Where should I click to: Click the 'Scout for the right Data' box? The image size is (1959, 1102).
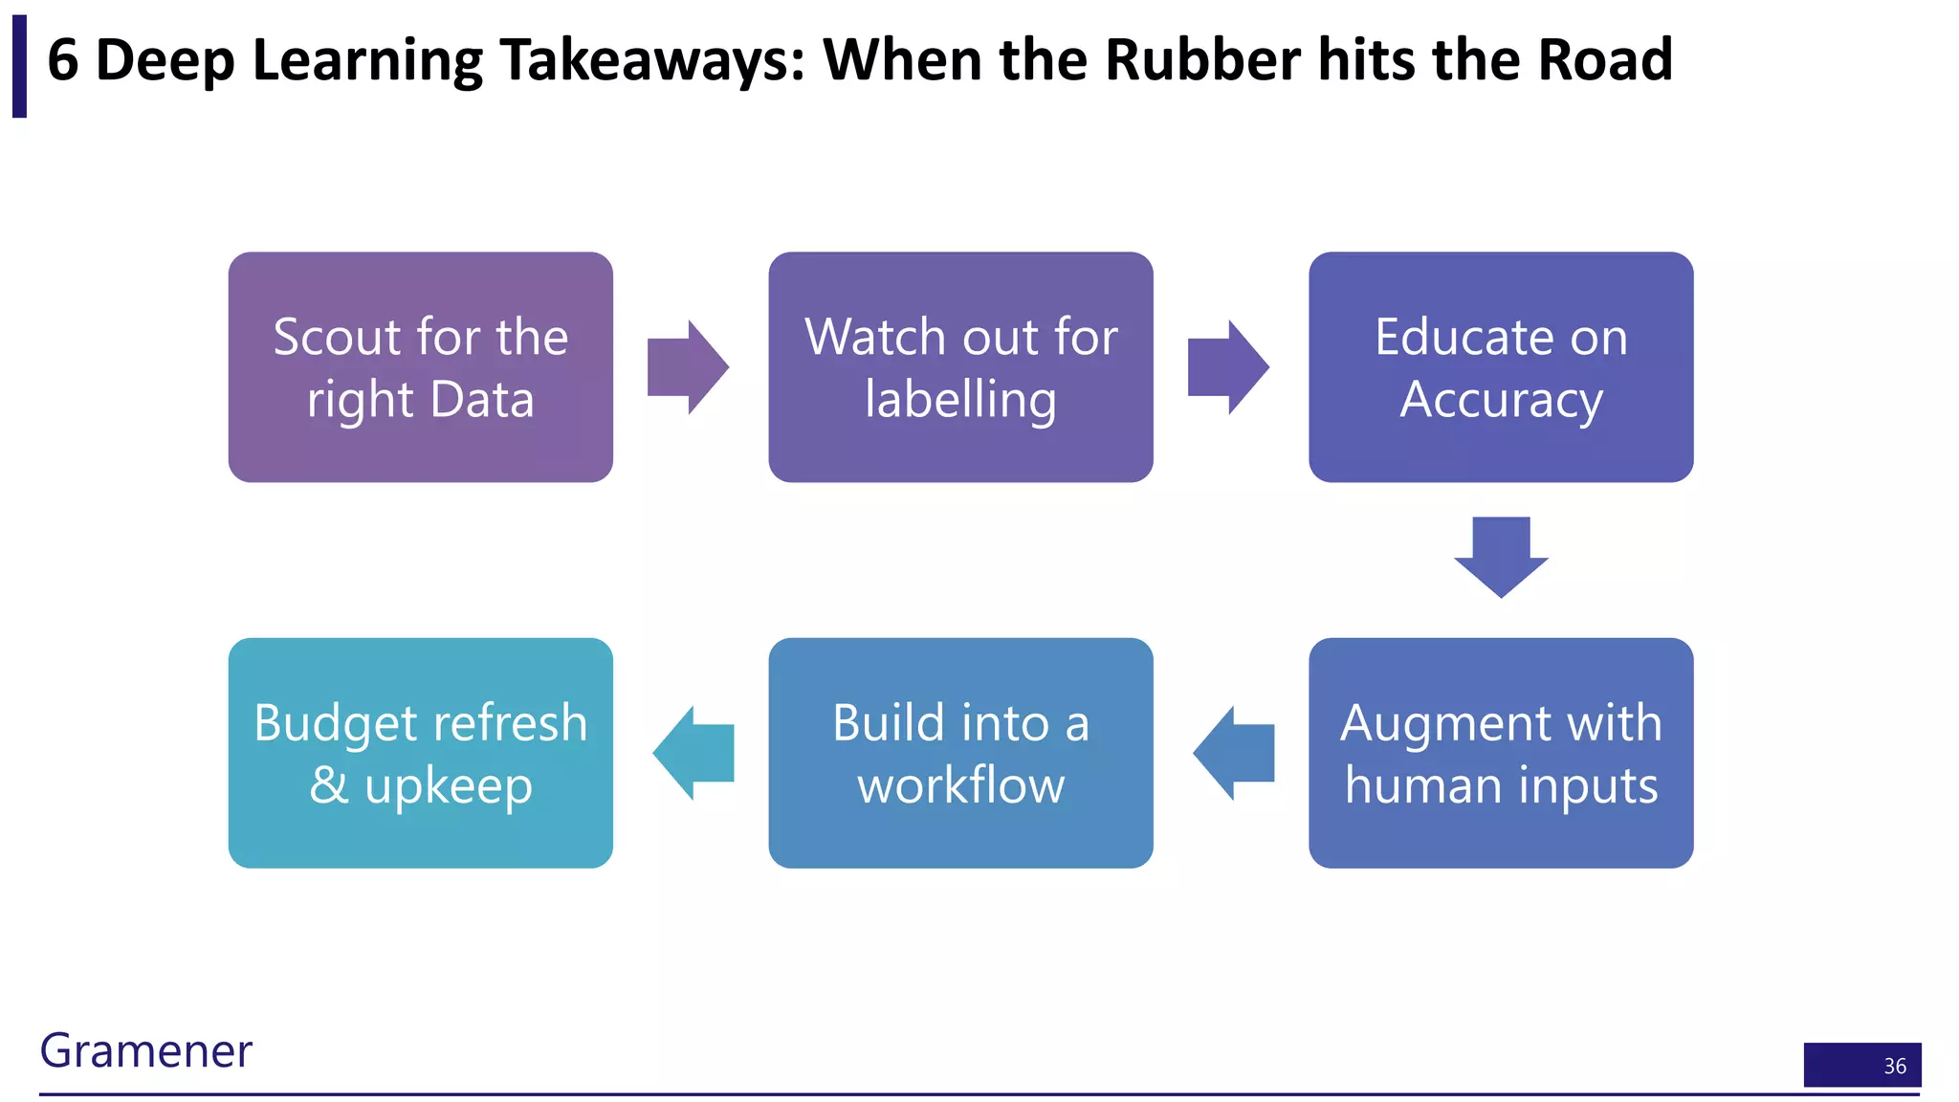(420, 367)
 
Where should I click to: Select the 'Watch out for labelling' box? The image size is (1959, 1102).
(960, 367)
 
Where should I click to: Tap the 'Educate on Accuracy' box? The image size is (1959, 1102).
(1500, 367)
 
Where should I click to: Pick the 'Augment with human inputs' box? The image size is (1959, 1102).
(1500, 753)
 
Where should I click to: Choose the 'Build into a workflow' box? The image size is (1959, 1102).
(960, 753)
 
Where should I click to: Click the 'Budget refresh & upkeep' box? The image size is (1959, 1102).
(420, 753)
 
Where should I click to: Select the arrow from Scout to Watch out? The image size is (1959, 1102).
(688, 367)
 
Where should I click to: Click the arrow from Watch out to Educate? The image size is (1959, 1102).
(1228, 367)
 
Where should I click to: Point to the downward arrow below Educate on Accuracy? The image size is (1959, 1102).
(1501, 557)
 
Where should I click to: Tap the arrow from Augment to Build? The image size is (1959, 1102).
(1234, 753)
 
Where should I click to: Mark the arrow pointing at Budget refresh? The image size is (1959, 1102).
(693, 753)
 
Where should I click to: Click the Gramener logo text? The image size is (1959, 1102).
(145, 1050)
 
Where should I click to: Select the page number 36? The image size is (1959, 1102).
(1894, 1066)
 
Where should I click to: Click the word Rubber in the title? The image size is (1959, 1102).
(1202, 59)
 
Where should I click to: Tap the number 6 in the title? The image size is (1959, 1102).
(62, 59)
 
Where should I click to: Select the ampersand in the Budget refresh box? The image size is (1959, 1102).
(329, 785)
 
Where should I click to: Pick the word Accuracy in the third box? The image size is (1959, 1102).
(1500, 400)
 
